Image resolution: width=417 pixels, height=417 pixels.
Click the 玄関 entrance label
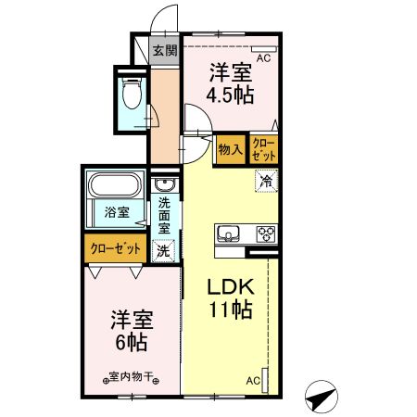pos(164,50)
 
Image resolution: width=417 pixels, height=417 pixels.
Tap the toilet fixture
pos(130,94)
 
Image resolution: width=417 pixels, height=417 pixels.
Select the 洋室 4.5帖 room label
pos(230,82)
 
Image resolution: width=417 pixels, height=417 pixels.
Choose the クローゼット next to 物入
pos(264,148)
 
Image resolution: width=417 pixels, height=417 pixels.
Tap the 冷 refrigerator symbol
pos(266,181)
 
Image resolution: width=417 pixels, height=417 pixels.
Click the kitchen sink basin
pos(228,233)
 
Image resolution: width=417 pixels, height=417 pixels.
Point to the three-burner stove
pos(264,233)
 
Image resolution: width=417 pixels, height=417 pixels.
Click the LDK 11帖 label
pos(229,297)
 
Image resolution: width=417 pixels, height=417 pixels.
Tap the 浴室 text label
pos(117,212)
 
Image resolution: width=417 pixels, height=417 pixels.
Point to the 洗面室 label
pos(164,215)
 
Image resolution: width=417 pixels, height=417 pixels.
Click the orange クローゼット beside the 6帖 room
pos(116,248)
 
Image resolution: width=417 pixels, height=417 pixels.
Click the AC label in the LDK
pos(253,380)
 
